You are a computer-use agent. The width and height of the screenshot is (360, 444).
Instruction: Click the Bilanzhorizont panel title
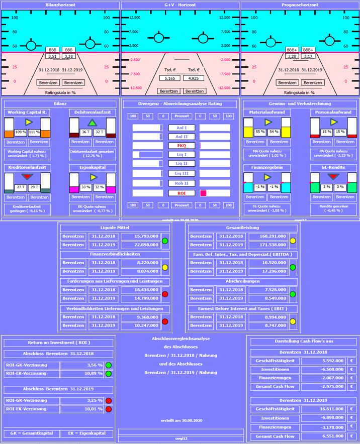coord(60,5)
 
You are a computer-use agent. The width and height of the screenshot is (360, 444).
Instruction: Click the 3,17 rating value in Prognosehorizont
coord(308,56)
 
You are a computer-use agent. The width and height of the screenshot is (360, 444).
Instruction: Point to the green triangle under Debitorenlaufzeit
coord(92,123)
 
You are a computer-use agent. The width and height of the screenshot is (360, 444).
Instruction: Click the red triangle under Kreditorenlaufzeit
coord(27,177)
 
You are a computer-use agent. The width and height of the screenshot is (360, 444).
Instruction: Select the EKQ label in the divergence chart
coord(182,146)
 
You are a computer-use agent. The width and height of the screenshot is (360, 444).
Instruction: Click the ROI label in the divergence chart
coord(182,193)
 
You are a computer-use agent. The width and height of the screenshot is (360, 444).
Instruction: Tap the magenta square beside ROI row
coord(203,193)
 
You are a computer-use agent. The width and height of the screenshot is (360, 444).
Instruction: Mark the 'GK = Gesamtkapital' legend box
coord(31,433)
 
